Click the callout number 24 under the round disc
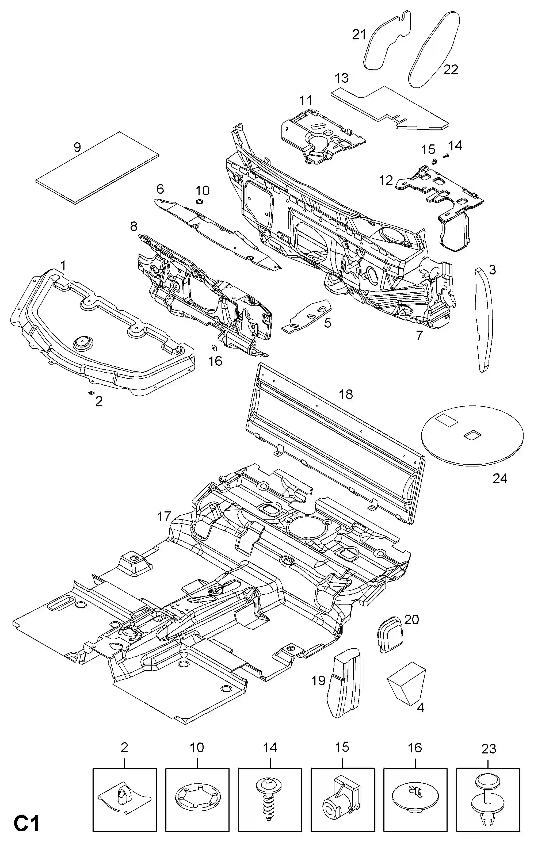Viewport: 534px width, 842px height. pyautogui.click(x=500, y=478)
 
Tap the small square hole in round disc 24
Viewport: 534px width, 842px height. pyautogui.click(x=472, y=435)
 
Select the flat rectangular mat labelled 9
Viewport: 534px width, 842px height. pyautogui.click(x=97, y=168)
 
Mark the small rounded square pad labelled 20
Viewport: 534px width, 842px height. pyautogui.click(x=390, y=635)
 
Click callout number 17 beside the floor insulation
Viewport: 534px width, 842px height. pyautogui.click(x=164, y=516)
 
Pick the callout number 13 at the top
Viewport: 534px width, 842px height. pyautogui.click(x=341, y=78)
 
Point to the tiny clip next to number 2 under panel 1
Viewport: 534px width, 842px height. pyautogui.click(x=91, y=393)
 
